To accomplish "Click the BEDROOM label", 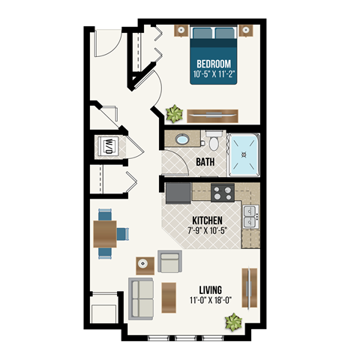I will coord(213,64).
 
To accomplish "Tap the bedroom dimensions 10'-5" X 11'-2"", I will coord(213,75).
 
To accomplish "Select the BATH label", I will coord(205,162).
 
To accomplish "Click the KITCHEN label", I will coord(206,220).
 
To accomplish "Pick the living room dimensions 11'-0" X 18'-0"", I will coord(214,301).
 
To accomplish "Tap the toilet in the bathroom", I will coord(214,141).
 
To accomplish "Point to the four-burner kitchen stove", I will coord(223,193).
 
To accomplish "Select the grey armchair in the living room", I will coord(171,263).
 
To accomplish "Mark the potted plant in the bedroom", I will coord(175,113).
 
